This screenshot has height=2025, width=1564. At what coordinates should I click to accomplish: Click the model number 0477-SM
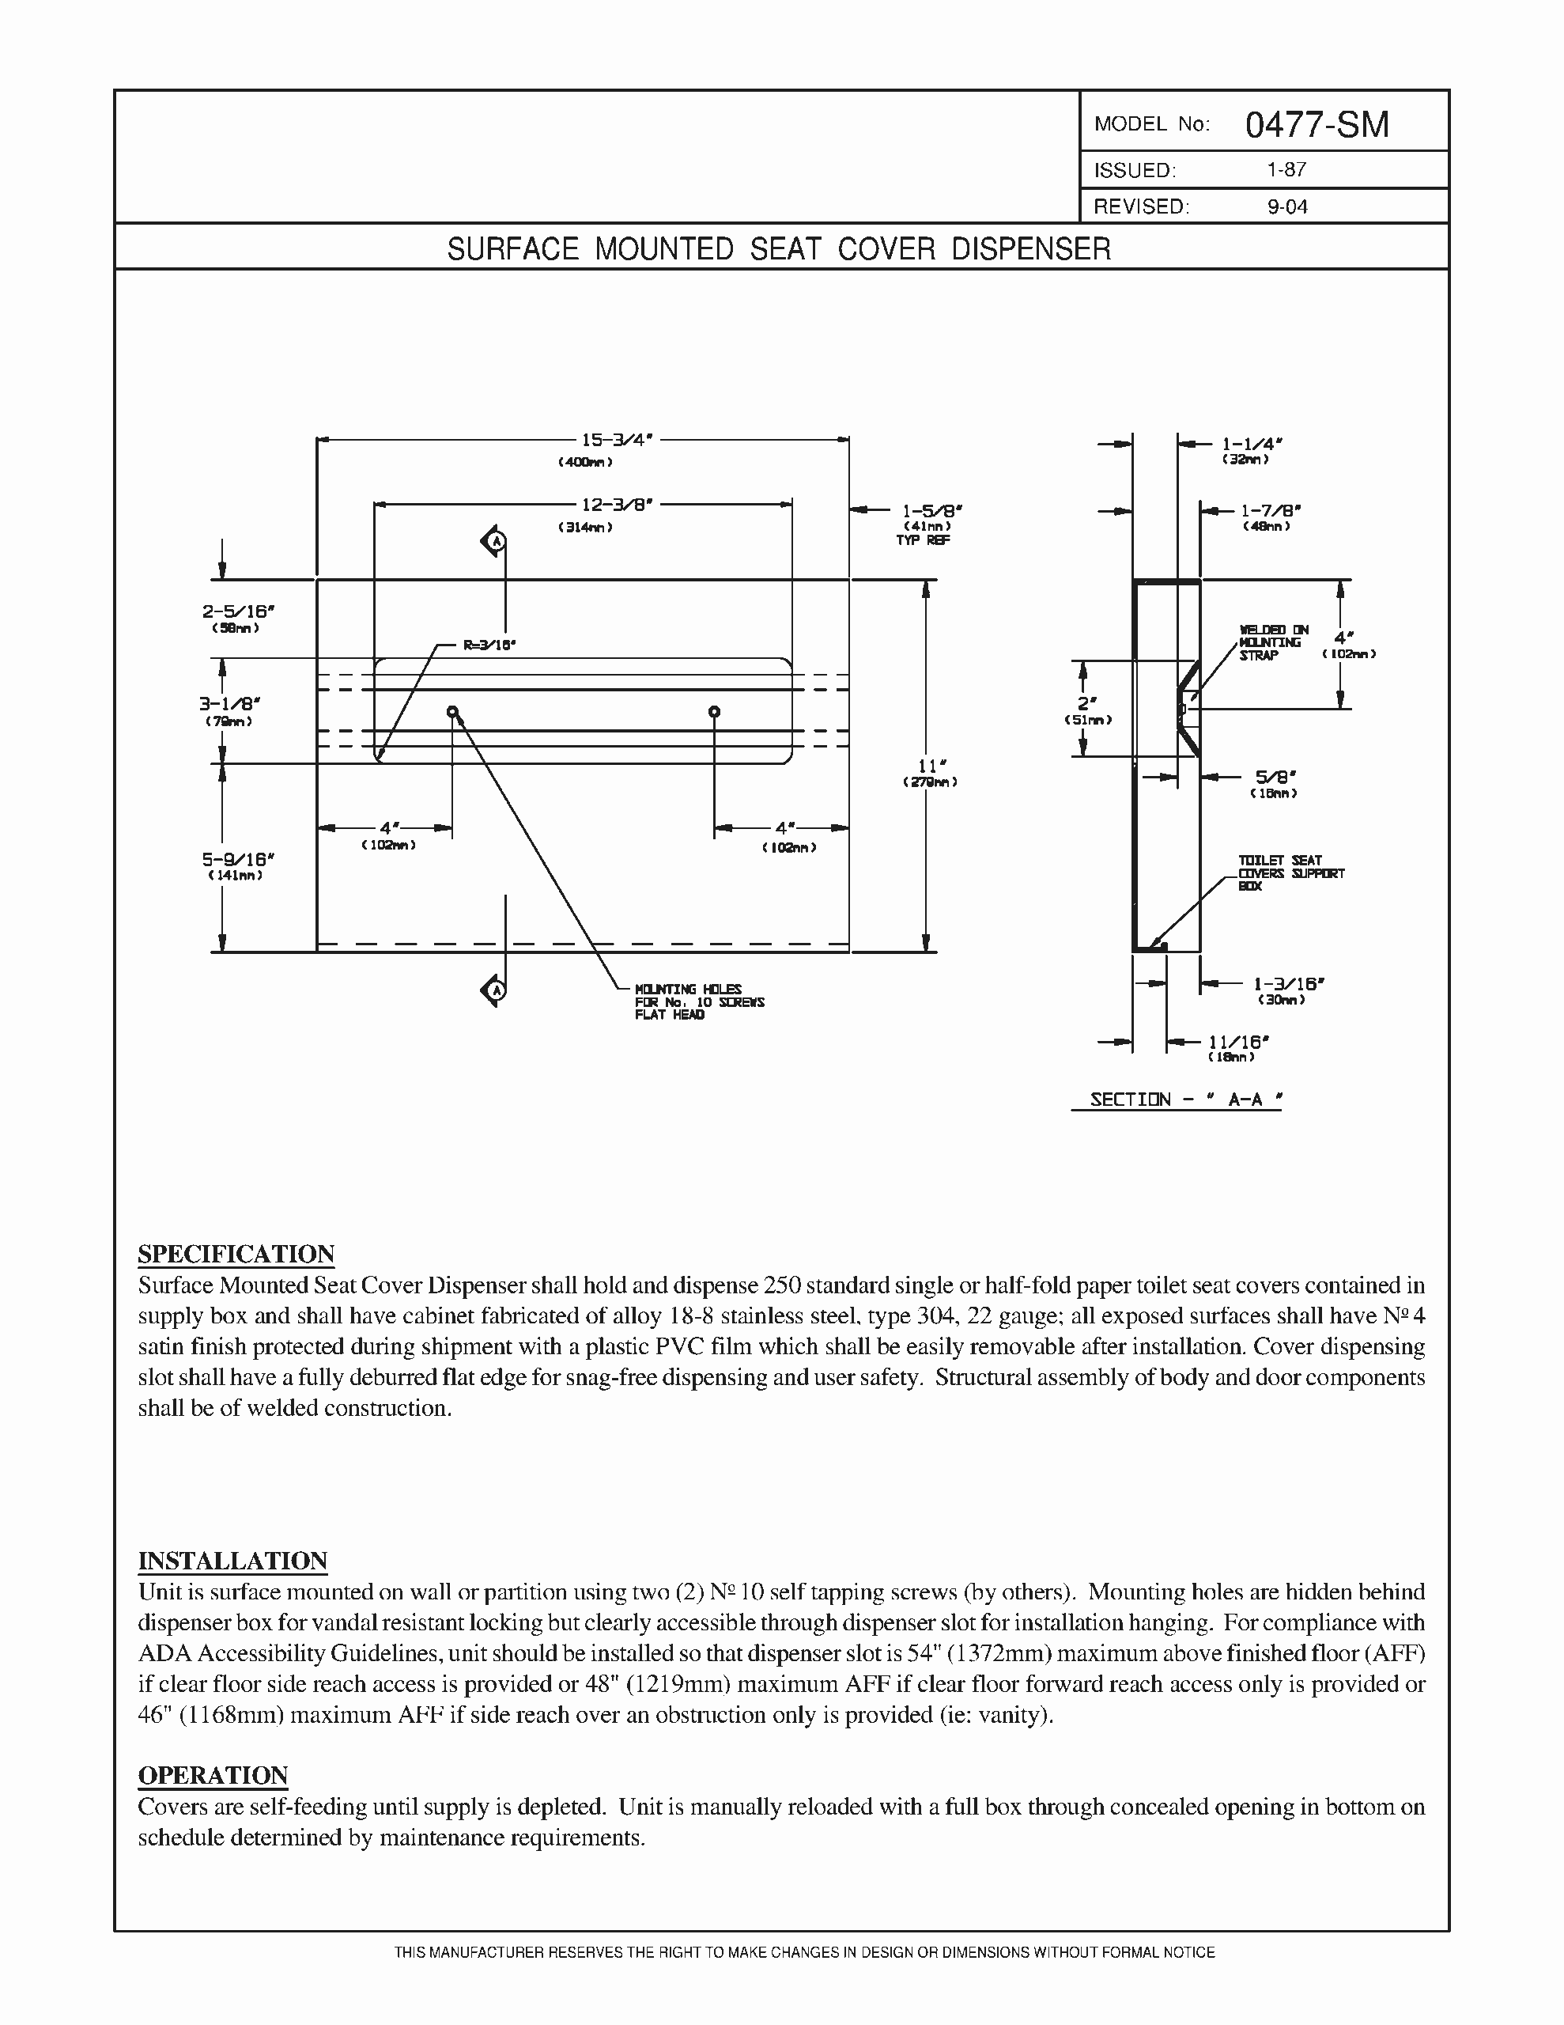click(1317, 124)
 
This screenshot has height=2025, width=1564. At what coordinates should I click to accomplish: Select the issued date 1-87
click(1286, 170)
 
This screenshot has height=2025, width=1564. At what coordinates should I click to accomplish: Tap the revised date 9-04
click(1286, 206)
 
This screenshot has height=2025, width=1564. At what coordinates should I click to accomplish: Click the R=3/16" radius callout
click(489, 645)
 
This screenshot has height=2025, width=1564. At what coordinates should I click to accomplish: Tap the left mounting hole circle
click(452, 712)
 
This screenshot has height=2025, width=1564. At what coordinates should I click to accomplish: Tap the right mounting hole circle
click(714, 712)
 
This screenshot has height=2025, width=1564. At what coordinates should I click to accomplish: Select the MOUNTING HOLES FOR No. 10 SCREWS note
click(699, 1001)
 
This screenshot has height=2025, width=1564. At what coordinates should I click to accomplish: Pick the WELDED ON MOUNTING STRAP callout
click(1272, 642)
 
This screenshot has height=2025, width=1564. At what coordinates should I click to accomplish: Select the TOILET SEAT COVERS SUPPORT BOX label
click(1290, 872)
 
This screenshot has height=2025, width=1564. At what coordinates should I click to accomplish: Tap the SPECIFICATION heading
click(236, 1254)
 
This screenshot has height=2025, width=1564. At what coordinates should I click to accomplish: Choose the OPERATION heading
click(213, 1775)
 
